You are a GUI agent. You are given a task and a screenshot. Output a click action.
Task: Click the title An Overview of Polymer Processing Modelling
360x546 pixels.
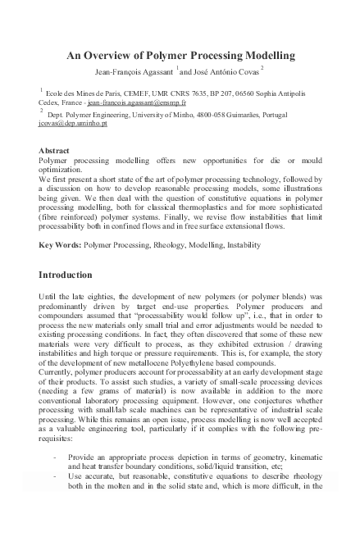pos(180,56)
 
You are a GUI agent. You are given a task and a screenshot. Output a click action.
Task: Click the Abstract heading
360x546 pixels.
pos(55,150)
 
